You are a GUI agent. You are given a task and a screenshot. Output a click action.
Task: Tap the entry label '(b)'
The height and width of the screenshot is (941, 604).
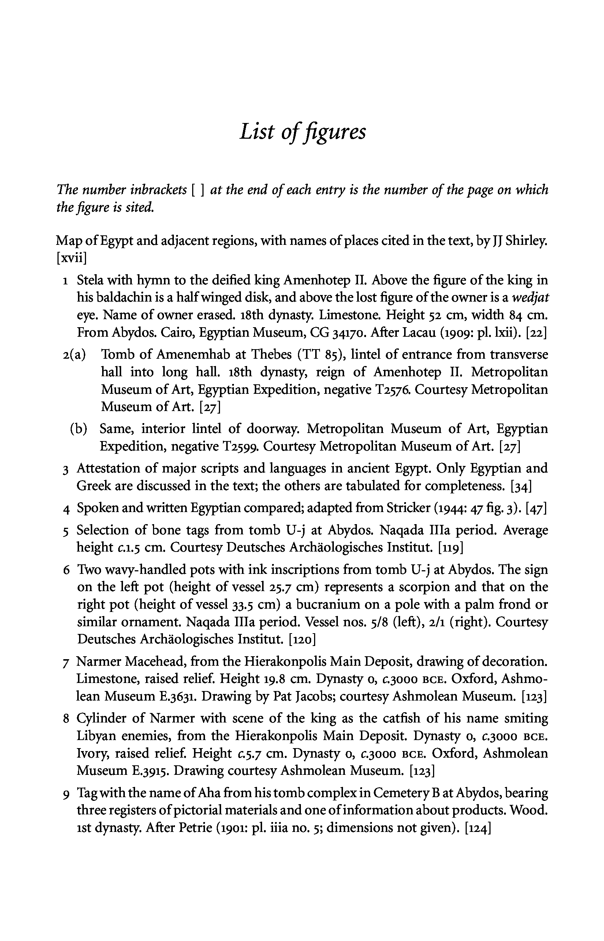78,429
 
